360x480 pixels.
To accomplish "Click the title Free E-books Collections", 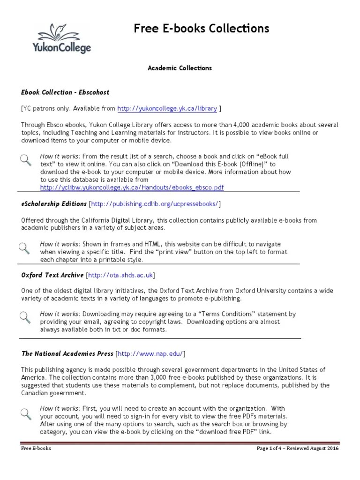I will [x=202, y=29].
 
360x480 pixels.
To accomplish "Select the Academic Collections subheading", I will [x=180, y=68].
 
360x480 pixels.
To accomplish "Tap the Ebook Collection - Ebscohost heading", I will [x=65, y=92].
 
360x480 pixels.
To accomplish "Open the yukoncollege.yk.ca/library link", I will [x=167, y=108].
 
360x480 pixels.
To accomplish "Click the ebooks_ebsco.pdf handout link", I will [x=132, y=187].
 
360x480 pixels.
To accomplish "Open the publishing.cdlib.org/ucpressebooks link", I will [x=154, y=204].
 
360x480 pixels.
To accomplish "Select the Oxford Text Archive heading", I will [x=52, y=275].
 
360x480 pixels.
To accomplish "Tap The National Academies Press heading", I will [x=67, y=353].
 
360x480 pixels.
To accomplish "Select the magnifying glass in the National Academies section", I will [x=26, y=413].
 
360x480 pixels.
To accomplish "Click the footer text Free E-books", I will [x=36, y=448].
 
